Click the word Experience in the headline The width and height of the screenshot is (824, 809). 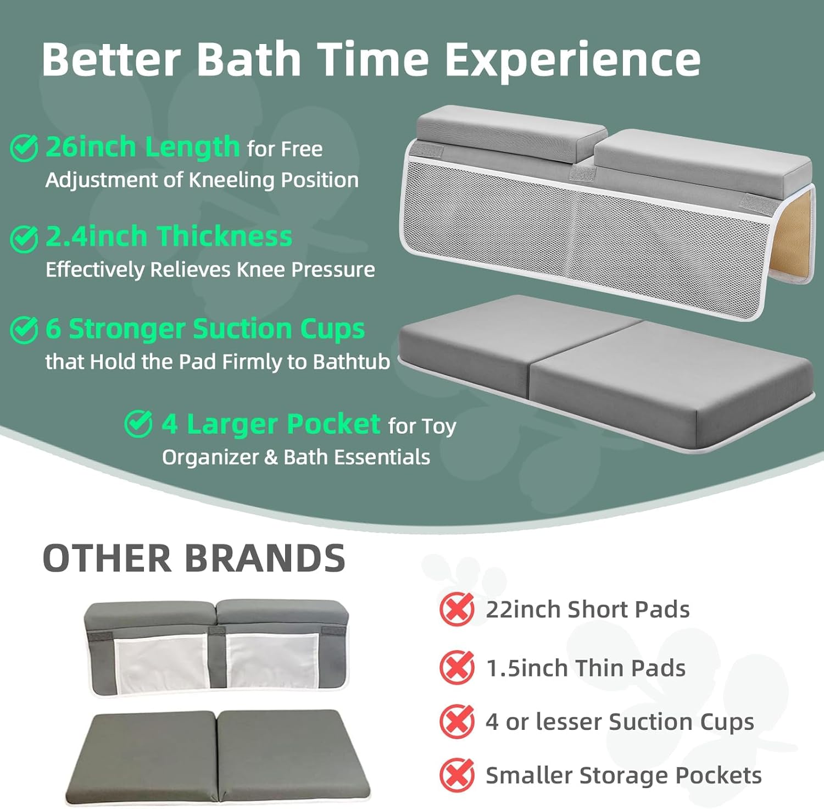click(572, 60)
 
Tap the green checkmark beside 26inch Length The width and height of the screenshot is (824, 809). click(24, 148)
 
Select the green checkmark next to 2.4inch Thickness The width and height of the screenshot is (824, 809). click(24, 239)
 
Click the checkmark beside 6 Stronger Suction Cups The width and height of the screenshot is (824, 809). click(24, 329)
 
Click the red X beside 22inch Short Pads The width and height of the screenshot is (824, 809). click(456, 609)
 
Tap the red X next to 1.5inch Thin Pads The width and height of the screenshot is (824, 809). click(456, 667)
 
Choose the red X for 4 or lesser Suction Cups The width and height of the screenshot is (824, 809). click(456, 721)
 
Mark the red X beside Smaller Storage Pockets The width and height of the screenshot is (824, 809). click(456, 775)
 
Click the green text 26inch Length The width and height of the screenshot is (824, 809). click(143, 147)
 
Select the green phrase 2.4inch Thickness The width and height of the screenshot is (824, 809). click(169, 237)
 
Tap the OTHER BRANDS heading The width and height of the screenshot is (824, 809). click(194, 558)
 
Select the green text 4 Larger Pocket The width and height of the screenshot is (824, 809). click(271, 424)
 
